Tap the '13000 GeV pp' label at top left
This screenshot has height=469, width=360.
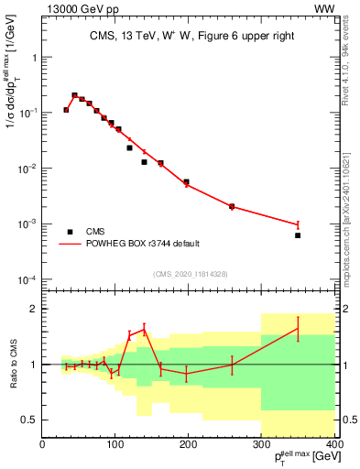[x=77, y=8]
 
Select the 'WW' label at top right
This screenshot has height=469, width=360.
[x=324, y=8]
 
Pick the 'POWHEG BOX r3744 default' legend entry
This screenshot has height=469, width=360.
[x=142, y=244]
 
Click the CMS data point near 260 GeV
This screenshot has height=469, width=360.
[x=232, y=206]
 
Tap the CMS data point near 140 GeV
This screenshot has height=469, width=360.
[x=144, y=162]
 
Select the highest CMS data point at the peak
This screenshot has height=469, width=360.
[x=74, y=95]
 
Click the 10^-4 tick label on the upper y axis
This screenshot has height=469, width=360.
[x=27, y=279]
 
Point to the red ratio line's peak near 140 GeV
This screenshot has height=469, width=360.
[x=144, y=329]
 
